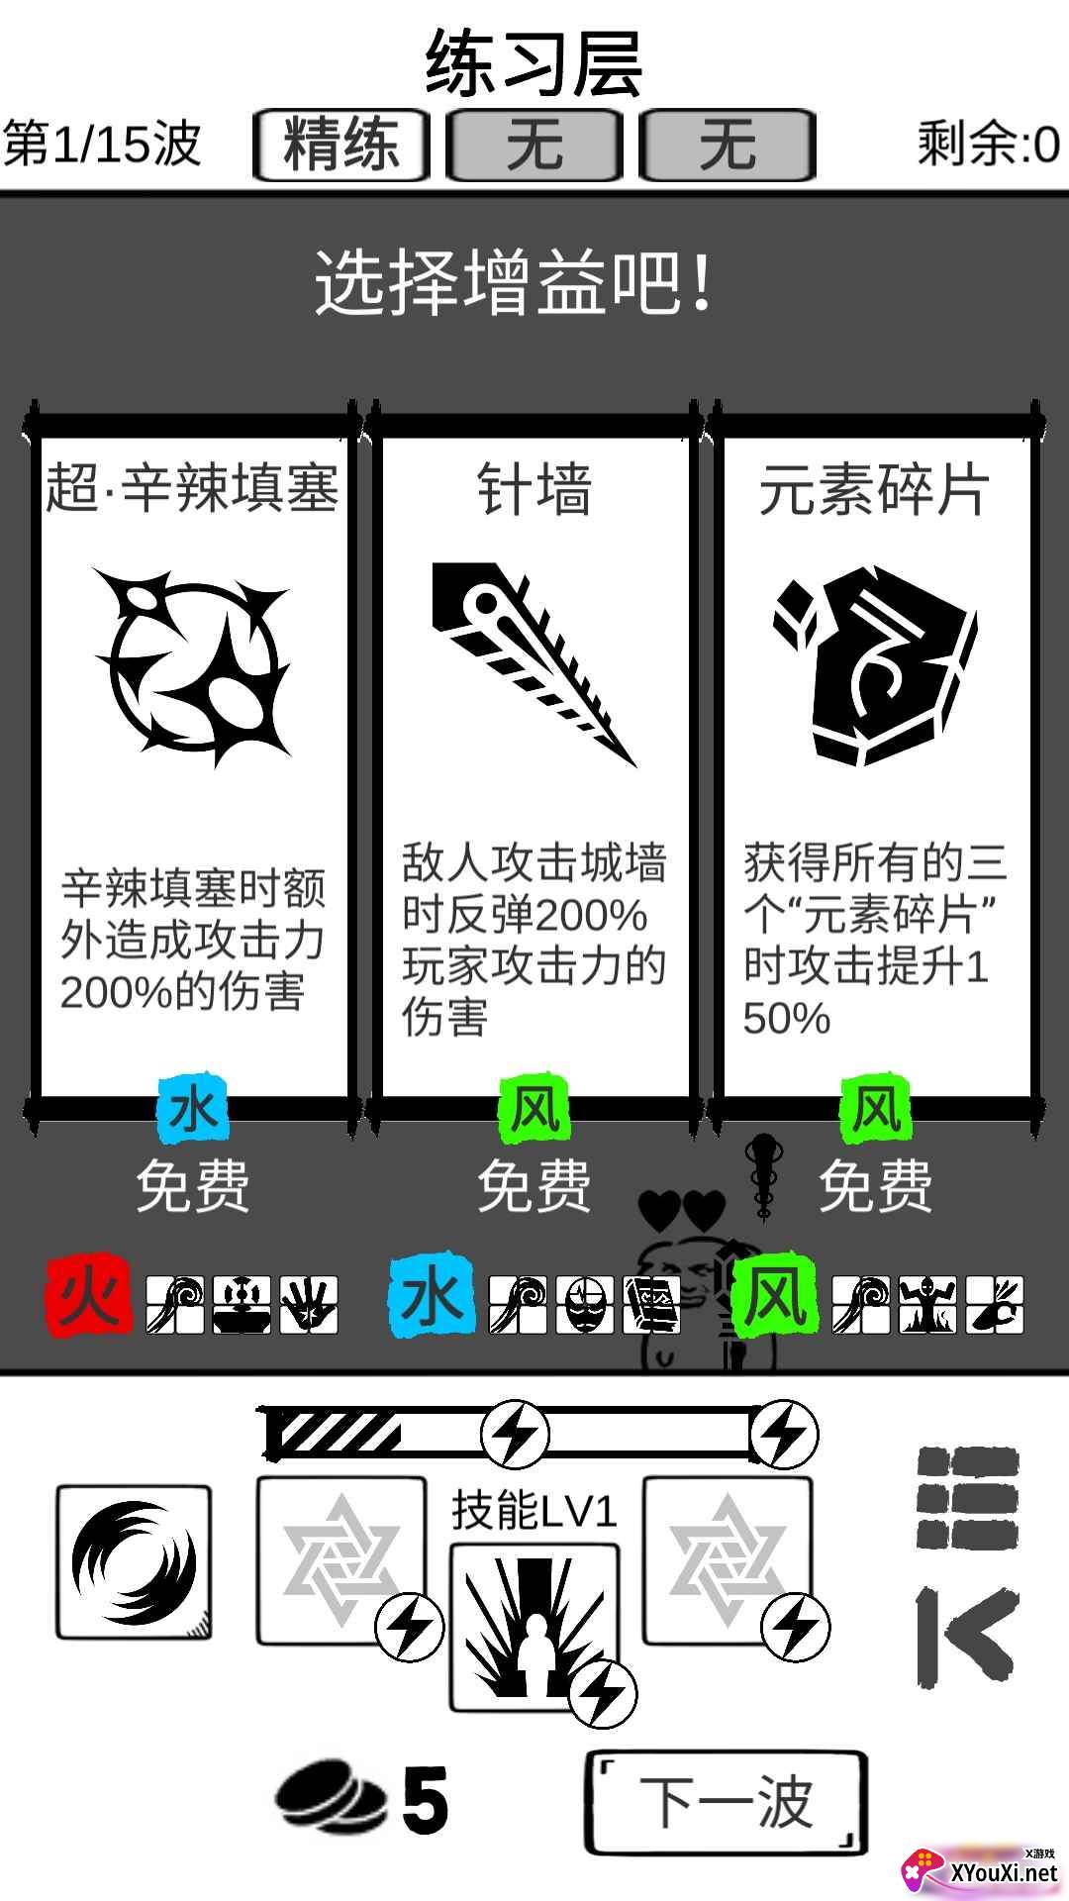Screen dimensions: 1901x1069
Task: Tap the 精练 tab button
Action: click(x=341, y=145)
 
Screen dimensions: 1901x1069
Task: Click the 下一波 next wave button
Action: click(x=727, y=1801)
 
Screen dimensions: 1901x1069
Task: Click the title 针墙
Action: click(x=534, y=489)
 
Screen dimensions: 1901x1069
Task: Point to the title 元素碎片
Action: click(x=875, y=489)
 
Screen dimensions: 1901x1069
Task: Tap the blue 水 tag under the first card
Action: click(x=193, y=1110)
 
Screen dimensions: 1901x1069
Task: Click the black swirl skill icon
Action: click(x=134, y=1562)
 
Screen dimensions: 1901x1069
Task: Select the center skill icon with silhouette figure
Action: click(x=534, y=1625)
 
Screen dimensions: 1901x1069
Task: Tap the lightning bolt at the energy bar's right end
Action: click(x=784, y=1433)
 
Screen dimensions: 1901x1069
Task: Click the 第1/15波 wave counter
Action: click(x=103, y=145)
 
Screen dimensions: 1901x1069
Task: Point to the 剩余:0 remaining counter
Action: click(x=988, y=145)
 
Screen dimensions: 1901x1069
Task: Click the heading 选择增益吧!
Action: click(x=515, y=283)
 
